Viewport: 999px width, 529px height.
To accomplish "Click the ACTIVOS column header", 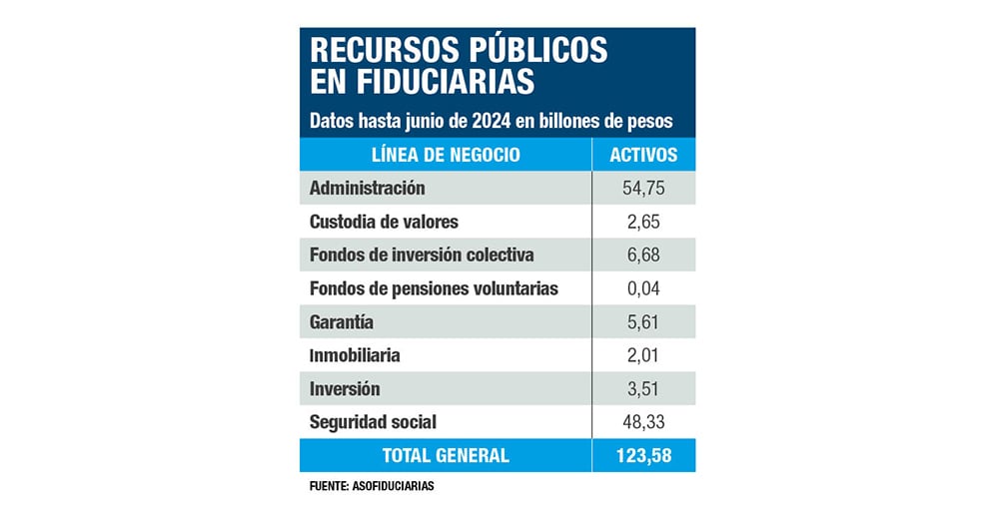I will [x=643, y=155].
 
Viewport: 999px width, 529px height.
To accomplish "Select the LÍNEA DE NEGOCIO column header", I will [x=446, y=155].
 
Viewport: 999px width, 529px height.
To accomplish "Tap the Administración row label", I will [x=368, y=188].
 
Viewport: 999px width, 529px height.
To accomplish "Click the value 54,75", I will [x=643, y=188].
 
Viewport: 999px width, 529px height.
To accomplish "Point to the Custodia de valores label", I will [x=384, y=221].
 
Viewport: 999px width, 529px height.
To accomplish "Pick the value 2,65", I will [x=643, y=221].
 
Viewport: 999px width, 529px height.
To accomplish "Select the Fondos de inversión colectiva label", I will [x=422, y=255].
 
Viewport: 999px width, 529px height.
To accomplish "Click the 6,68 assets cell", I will [x=643, y=255].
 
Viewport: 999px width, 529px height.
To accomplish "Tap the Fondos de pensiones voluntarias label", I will [x=434, y=288].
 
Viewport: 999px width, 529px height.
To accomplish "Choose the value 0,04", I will [x=643, y=288].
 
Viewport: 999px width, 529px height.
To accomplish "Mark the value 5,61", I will [x=643, y=321].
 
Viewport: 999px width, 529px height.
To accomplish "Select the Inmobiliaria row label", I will [x=355, y=355].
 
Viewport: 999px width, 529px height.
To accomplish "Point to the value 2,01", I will [x=643, y=355].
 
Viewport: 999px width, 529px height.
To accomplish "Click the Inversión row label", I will [x=345, y=388].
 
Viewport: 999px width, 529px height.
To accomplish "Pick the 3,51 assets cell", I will [x=643, y=388].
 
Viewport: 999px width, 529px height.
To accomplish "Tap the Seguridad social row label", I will [x=374, y=422].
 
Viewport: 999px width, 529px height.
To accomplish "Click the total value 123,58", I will [x=643, y=455].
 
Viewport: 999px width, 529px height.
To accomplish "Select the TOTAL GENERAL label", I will [x=446, y=455].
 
